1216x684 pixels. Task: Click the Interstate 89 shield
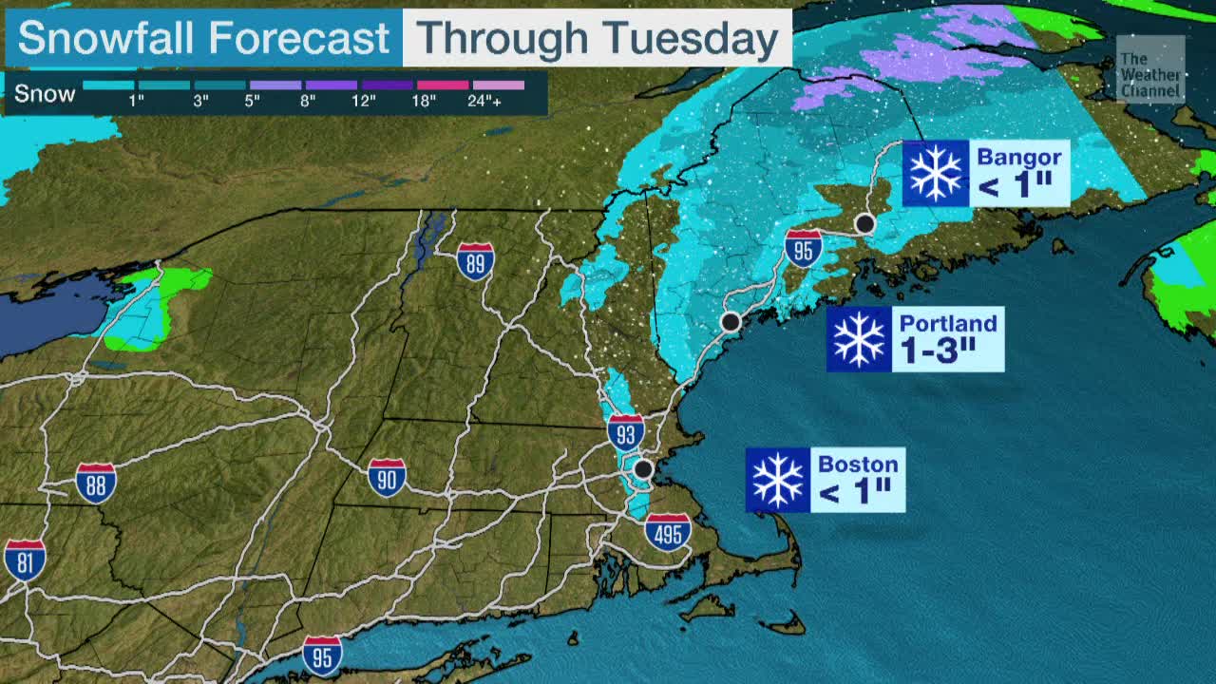[x=475, y=261]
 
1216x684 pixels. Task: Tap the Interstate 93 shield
[x=626, y=432]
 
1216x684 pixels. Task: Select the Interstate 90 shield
[x=387, y=478]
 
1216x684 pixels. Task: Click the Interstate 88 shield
[x=96, y=483]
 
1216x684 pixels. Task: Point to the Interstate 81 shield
[x=24, y=560]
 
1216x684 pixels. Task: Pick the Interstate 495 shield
[x=668, y=532]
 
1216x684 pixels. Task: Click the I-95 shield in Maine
[x=804, y=248]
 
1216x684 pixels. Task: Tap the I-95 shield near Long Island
[x=322, y=655]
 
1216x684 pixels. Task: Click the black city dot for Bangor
[x=864, y=224]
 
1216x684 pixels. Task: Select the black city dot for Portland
[x=731, y=322]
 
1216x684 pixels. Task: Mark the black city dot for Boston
[x=644, y=468]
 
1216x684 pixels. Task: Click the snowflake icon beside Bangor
[x=936, y=173]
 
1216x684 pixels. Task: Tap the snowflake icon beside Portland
[x=859, y=339]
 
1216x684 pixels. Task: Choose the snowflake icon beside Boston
[x=778, y=480]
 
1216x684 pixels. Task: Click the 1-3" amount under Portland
[x=938, y=351]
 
